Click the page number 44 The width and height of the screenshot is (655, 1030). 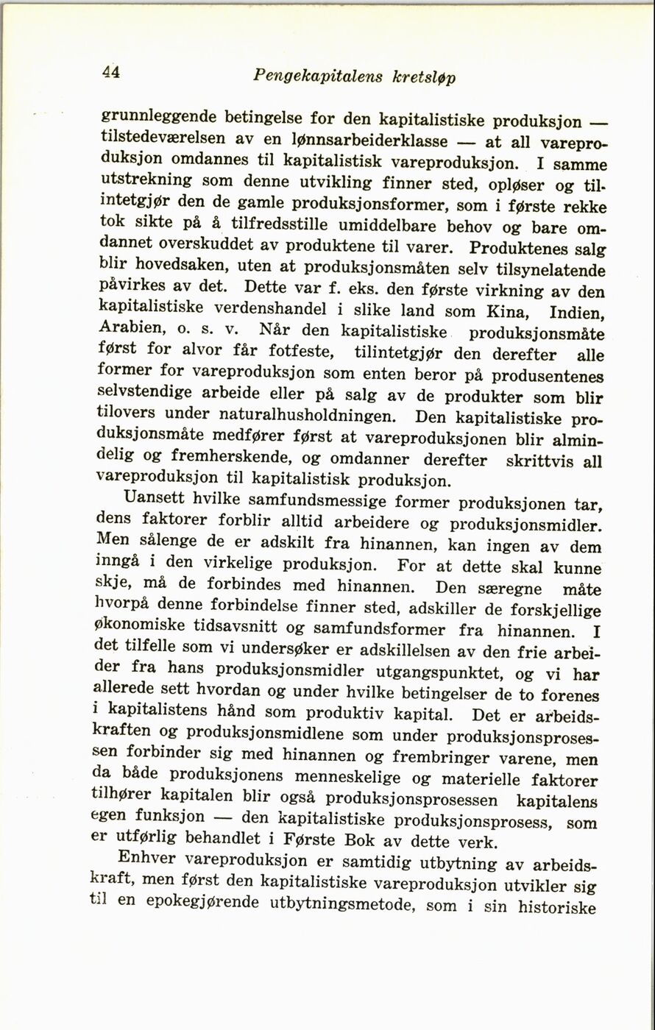pos(111,71)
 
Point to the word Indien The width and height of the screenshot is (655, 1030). pos(578,313)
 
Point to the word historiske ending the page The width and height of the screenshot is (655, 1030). pos(556,908)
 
